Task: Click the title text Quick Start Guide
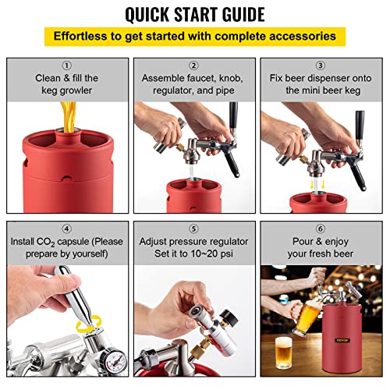pyautogui.click(x=194, y=14)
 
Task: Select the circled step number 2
pyautogui.click(x=194, y=66)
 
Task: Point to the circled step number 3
pyautogui.click(x=321, y=66)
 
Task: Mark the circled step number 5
pyautogui.click(x=194, y=229)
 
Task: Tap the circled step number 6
pyautogui.click(x=321, y=229)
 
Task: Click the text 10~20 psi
pyautogui.click(x=221, y=254)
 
